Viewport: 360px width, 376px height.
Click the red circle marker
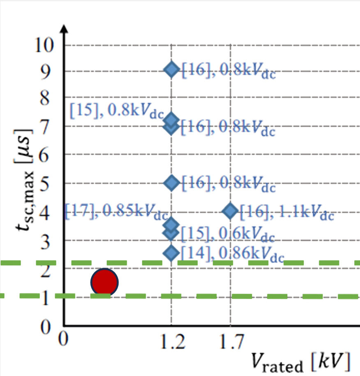pos(105,282)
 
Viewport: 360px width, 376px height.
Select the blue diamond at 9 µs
pos(171,70)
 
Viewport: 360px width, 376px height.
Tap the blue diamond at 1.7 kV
pos(230,211)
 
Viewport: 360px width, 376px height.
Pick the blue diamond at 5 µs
pos(171,182)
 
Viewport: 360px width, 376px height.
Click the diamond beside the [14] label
pos(171,253)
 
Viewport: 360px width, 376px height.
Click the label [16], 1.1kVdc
pos(287,213)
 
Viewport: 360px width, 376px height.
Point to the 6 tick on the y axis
pos(49,154)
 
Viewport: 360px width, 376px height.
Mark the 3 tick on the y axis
pos(49,240)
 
